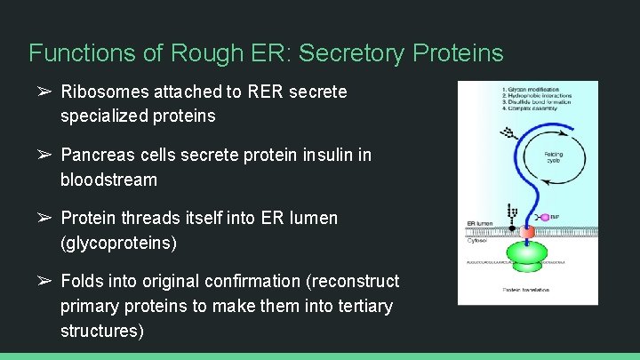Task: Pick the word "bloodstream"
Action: pyautogui.click(x=108, y=180)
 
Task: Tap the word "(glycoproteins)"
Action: pyautogui.click(x=118, y=243)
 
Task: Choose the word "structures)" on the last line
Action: pyautogui.click(x=101, y=331)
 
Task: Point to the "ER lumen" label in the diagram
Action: pyautogui.click(x=480, y=223)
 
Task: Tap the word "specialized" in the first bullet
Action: pyautogui.click(x=105, y=116)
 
